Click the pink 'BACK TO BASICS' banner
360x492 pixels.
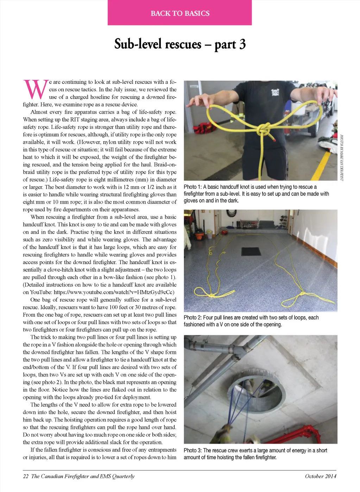point(180,13)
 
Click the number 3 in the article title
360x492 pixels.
point(242,44)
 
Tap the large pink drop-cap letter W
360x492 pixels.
point(36,89)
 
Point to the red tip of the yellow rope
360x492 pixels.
point(274,140)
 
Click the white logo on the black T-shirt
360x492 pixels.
point(275,92)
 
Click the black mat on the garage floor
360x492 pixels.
point(251,251)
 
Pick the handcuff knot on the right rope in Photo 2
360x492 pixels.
point(302,293)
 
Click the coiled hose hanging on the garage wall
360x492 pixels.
point(231,214)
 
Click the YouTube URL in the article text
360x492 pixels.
point(114,292)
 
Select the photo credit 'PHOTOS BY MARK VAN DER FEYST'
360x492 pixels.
point(341,157)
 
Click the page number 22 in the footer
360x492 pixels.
point(26,476)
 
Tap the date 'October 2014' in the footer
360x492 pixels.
point(320,476)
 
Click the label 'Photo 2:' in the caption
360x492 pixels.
point(192,318)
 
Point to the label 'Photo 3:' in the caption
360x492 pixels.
point(192,450)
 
